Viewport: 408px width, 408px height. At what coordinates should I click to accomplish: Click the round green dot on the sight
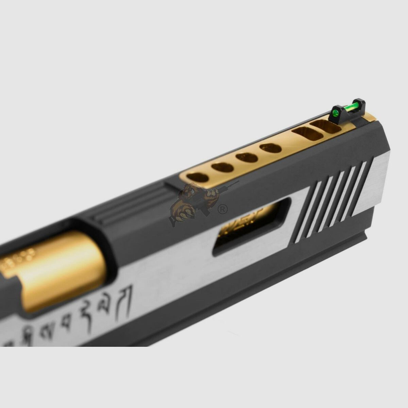pos(336,113)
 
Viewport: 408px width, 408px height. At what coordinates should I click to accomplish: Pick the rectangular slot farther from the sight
pos(308,134)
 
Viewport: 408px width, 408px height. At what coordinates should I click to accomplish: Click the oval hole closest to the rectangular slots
pos(271,148)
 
